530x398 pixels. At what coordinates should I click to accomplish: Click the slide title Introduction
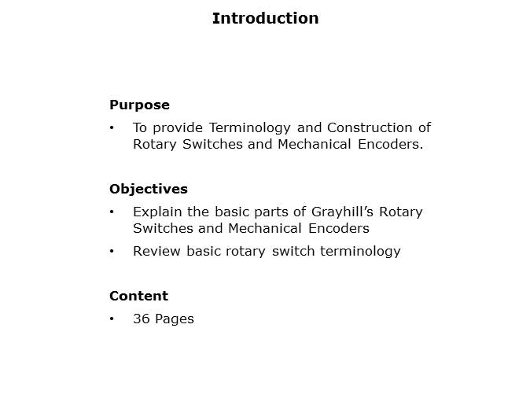[x=265, y=18]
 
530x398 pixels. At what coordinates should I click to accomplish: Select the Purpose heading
[x=139, y=105]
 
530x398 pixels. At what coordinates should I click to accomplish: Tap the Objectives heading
[x=149, y=189]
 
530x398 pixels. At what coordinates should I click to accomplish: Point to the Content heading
[x=138, y=296]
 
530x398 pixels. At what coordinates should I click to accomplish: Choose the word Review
[x=154, y=251]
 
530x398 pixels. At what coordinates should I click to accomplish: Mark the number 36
[x=142, y=319]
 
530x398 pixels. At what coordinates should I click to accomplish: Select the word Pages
[x=175, y=319]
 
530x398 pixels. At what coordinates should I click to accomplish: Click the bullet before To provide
[x=112, y=127]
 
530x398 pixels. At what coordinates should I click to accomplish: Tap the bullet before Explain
[x=112, y=212]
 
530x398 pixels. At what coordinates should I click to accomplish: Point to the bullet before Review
[x=112, y=251]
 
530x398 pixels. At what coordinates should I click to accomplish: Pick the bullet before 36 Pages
[x=112, y=319]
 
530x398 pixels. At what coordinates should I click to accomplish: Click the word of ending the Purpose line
[x=424, y=127]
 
